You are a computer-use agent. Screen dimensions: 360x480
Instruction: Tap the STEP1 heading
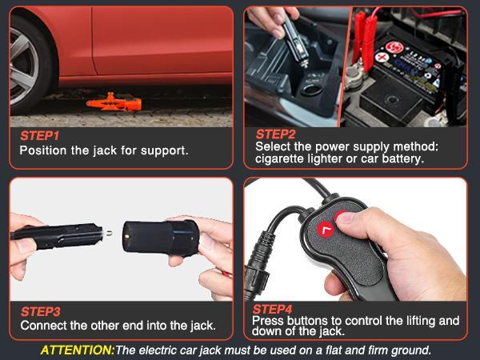tap(39, 136)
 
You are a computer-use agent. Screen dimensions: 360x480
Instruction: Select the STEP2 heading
tap(275, 134)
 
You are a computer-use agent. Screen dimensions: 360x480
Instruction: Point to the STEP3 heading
tap(40, 311)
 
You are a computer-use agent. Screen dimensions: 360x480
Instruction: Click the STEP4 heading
tap(273, 309)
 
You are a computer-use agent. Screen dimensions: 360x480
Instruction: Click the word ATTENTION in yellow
tap(77, 350)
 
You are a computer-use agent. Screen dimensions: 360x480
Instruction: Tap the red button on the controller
tap(346, 217)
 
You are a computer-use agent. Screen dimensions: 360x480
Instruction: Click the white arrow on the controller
tap(326, 232)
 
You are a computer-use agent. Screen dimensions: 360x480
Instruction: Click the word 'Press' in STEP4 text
tap(270, 321)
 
